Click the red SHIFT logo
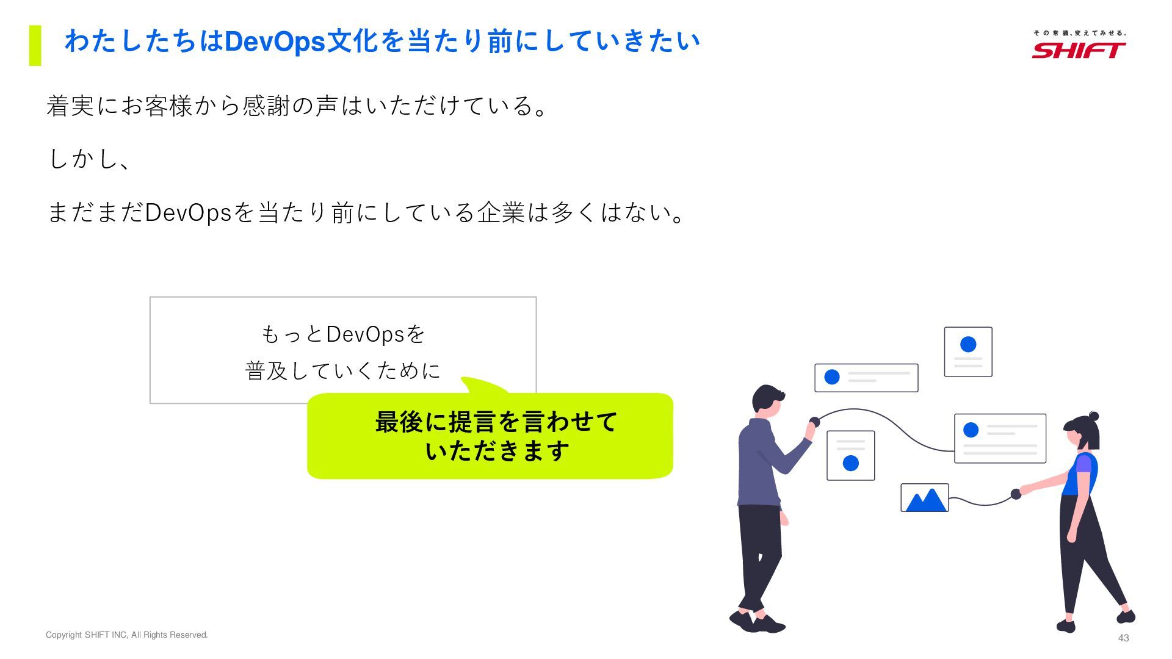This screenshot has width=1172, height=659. pyautogui.click(x=1079, y=50)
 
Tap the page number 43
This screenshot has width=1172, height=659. pyautogui.click(x=1123, y=638)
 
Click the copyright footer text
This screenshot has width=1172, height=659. pyautogui.click(x=127, y=635)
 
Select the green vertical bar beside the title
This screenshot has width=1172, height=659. pyautogui.click(x=35, y=45)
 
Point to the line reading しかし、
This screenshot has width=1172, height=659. pyautogui.click(x=89, y=159)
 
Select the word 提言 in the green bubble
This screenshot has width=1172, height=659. pyautogui.click(x=472, y=422)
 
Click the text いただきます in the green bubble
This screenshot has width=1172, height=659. pyautogui.click(x=497, y=452)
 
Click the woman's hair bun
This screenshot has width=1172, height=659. pyautogui.click(x=1094, y=416)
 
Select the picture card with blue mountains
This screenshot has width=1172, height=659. pyautogui.click(x=925, y=498)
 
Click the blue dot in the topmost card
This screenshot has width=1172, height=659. pyautogui.click(x=968, y=344)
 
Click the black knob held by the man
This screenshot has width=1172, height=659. pyautogui.click(x=814, y=422)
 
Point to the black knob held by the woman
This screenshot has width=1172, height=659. pyautogui.click(x=1016, y=494)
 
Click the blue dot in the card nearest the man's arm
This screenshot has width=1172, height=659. pyautogui.click(x=850, y=463)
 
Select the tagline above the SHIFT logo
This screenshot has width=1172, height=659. pyautogui.click(x=1079, y=33)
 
